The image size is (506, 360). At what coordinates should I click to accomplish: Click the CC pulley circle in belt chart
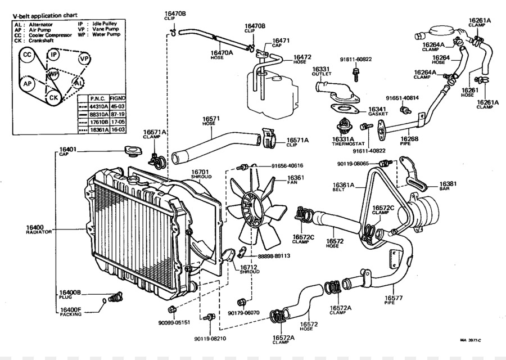(27, 55)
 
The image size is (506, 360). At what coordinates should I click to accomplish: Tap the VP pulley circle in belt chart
(84, 58)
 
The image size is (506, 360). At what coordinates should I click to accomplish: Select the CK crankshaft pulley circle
(53, 98)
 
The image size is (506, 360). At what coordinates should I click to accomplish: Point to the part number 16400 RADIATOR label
(39, 229)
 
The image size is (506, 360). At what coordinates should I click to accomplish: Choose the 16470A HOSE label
(222, 55)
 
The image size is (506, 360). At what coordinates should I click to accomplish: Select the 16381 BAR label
(448, 186)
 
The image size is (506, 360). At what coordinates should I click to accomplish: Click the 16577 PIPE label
(394, 300)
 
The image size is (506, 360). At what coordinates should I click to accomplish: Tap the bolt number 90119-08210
(210, 339)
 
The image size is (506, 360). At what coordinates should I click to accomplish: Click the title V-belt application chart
(46, 15)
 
